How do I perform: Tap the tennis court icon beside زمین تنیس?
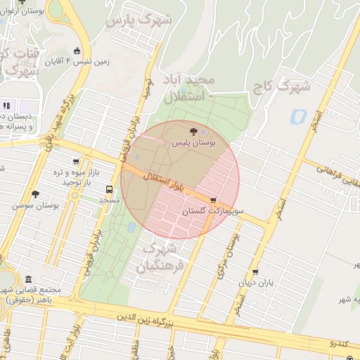[x=77, y=51]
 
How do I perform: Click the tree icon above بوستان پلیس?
[x=194, y=131]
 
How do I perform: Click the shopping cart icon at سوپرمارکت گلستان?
[x=214, y=200]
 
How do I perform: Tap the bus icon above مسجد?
[x=109, y=189]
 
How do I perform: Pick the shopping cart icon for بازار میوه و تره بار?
[x=76, y=162]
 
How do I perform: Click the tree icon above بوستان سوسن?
[x=35, y=194]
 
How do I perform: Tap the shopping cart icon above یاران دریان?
[x=255, y=271]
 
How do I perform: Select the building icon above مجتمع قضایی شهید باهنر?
[x=27, y=279]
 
